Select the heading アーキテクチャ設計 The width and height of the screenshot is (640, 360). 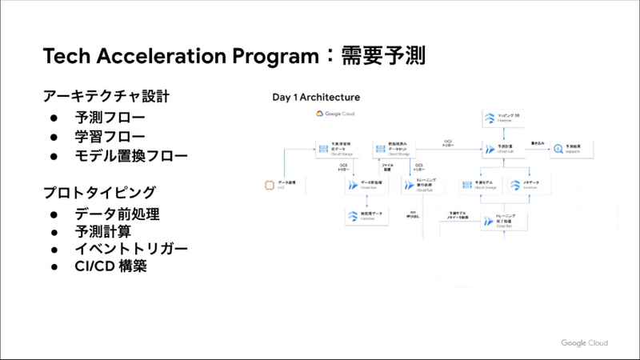pos(106,97)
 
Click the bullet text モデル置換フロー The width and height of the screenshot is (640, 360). pos(131,155)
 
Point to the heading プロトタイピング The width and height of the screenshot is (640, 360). pos(99,193)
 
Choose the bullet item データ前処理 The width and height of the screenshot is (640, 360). pos(118,214)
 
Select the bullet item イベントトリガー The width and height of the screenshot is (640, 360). pos(131,250)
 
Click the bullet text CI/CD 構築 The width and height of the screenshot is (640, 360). pos(111,268)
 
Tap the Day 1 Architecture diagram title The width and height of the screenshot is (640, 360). pos(316,98)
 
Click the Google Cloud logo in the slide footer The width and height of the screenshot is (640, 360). pos(584,342)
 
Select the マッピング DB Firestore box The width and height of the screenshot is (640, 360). pos(504,118)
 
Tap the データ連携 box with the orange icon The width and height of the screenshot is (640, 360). pos(280,186)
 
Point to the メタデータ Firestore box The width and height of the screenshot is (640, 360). pos(532,186)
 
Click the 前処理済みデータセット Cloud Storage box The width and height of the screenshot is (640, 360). pos(393,148)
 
